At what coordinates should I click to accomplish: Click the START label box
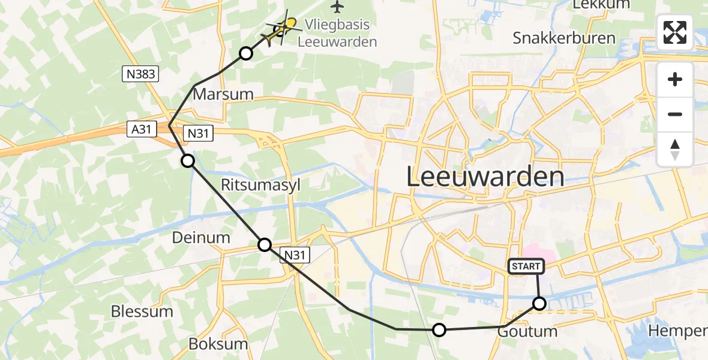[526, 266]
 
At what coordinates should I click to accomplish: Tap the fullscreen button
[674, 32]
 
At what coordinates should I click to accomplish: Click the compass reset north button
[674, 149]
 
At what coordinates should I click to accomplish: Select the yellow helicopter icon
[281, 29]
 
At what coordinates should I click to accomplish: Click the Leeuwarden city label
[485, 177]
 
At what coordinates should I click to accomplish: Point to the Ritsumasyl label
[260, 185]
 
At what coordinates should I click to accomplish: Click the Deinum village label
[201, 238]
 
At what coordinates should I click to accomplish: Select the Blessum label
[142, 311]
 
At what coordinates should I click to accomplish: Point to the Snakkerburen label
[564, 38]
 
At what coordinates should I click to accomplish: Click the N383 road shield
[140, 74]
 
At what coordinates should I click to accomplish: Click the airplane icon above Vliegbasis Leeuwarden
[338, 7]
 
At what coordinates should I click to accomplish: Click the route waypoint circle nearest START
[539, 304]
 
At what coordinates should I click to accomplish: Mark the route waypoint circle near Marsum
[245, 53]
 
